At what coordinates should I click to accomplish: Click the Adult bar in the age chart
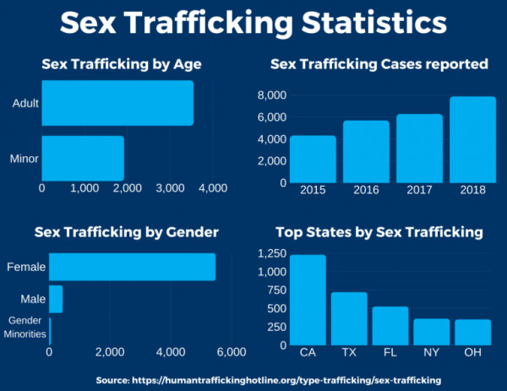pyautogui.click(x=117, y=104)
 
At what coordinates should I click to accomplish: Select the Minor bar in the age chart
pyautogui.click(x=83, y=156)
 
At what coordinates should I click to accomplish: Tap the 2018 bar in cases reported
pyautogui.click(x=472, y=139)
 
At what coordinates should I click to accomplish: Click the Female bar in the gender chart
pyautogui.click(x=132, y=267)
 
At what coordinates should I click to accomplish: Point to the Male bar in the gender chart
pyautogui.click(x=56, y=299)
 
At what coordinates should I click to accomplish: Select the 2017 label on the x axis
pyautogui.click(x=419, y=190)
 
